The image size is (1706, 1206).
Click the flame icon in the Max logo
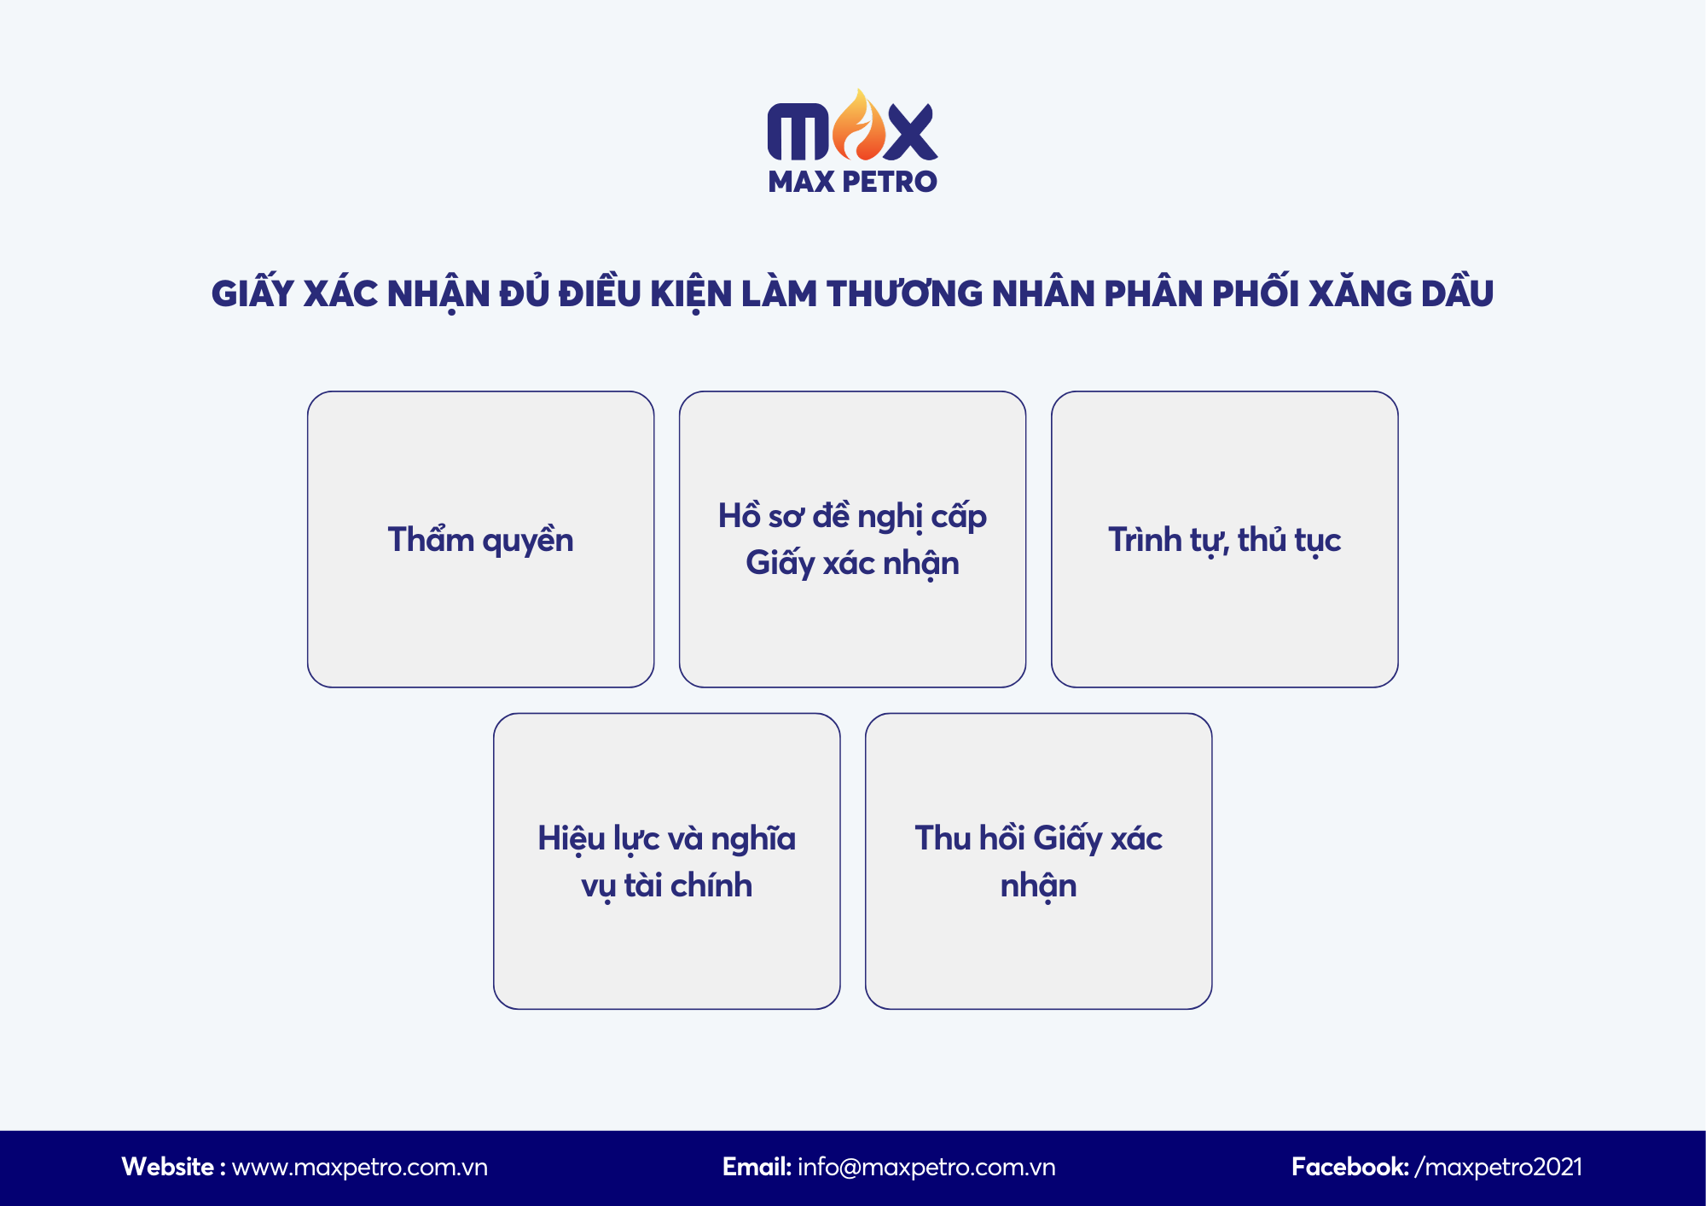(859, 128)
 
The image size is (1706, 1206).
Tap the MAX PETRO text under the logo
(852, 182)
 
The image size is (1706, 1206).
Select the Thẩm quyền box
(480, 539)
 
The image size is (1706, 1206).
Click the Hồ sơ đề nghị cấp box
(852, 539)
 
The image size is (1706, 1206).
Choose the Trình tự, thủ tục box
(1224, 539)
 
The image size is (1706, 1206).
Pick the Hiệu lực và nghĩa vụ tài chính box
(666, 861)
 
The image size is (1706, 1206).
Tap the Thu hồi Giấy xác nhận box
(1038, 861)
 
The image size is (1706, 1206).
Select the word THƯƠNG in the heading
(904, 293)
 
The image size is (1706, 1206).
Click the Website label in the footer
(168, 1167)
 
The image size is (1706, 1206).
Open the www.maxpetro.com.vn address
(360, 1167)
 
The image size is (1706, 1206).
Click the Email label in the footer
(757, 1167)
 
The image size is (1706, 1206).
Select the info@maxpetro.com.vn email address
(926, 1167)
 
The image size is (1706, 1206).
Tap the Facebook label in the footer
(1349, 1167)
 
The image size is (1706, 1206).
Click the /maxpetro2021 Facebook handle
(1499, 1167)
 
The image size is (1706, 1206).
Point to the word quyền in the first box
(527, 541)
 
